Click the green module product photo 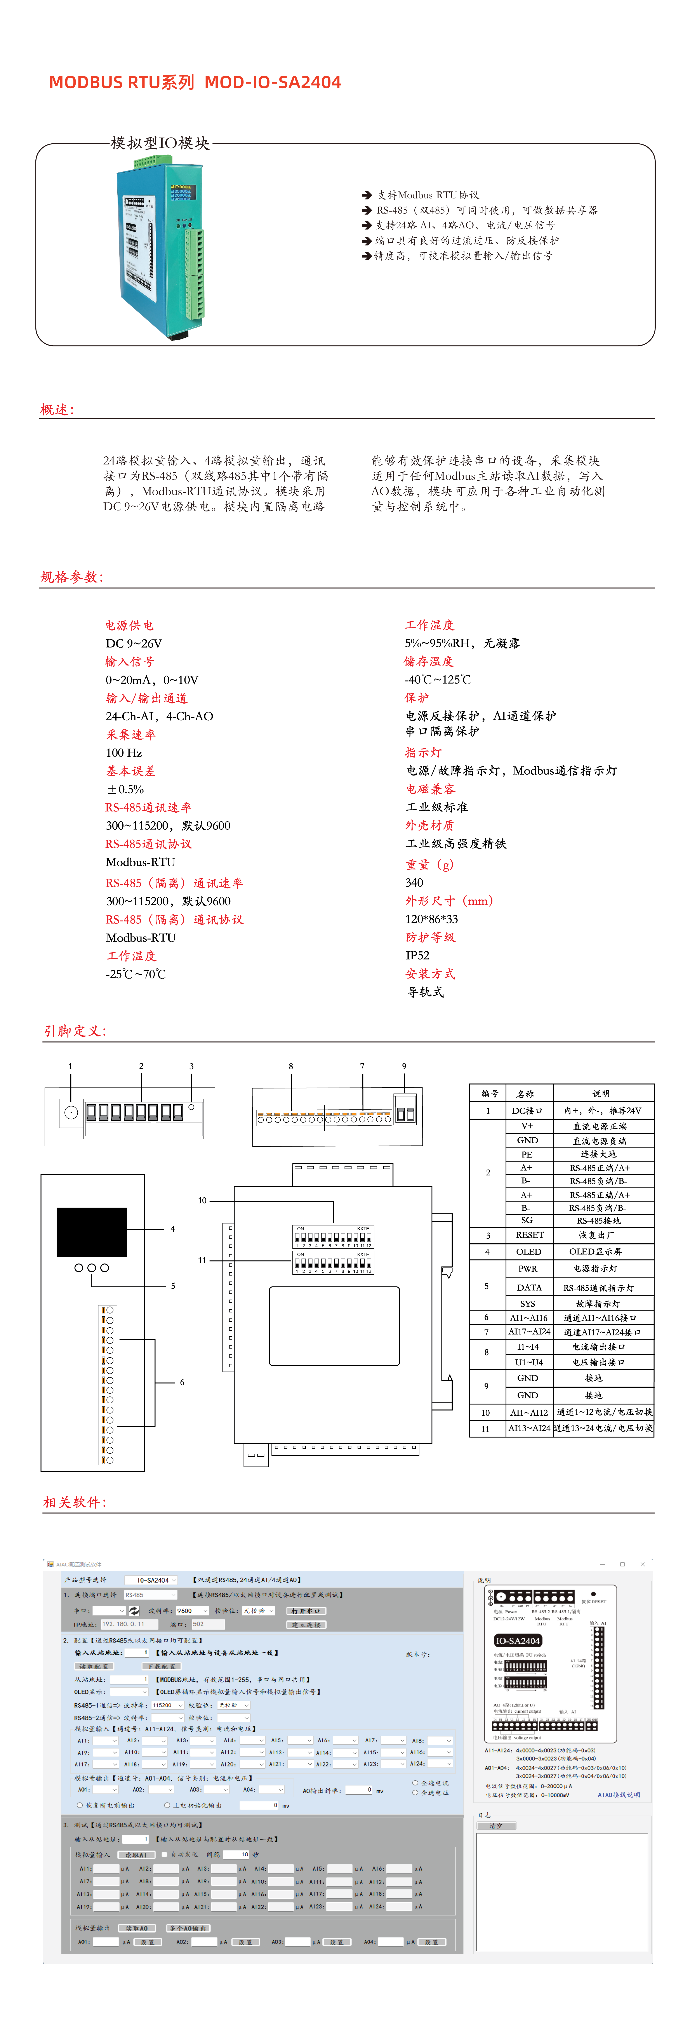click(162, 244)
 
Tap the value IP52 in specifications click(417, 955)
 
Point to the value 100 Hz click(124, 753)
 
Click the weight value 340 click(414, 883)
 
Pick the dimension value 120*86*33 click(432, 919)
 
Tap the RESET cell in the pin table click(529, 1235)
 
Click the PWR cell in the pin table click(528, 1269)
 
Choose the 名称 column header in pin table click(525, 1094)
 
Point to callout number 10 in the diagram click(202, 1200)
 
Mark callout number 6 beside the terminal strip click(182, 1382)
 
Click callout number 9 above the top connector click(404, 1066)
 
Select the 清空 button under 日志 click(495, 1826)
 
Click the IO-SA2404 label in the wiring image click(518, 1641)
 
